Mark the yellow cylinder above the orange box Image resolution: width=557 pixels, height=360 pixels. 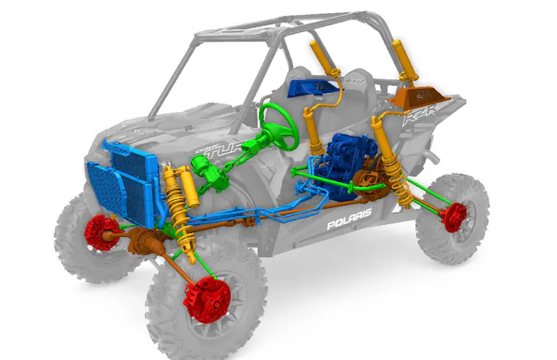tap(400, 61)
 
